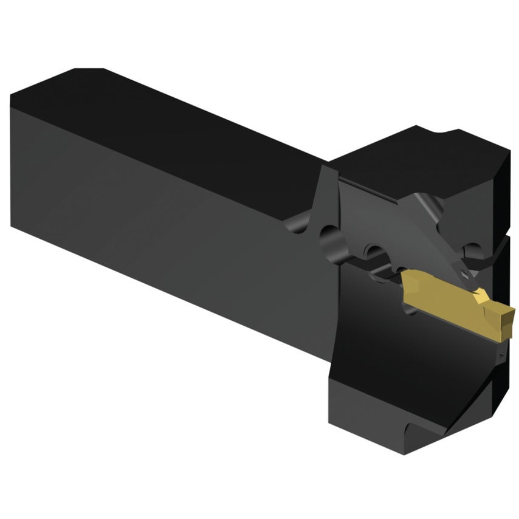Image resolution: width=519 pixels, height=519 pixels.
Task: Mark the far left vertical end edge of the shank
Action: coord(12,164)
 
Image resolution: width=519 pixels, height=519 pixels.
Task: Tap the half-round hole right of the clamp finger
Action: coord(470,249)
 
